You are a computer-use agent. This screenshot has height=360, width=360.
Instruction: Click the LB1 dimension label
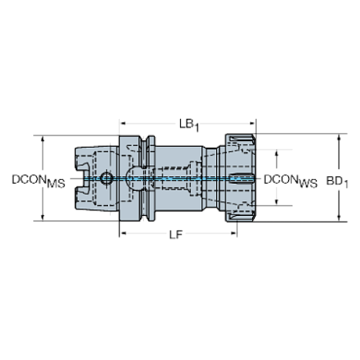point(189,125)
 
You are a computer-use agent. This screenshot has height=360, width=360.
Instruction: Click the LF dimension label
point(176,235)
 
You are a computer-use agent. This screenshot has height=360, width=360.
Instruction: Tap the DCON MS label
point(38,181)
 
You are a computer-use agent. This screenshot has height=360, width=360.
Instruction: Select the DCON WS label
point(290,181)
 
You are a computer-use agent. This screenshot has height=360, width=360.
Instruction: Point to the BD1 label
point(337,182)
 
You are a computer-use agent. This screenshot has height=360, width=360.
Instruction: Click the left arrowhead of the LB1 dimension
point(123,123)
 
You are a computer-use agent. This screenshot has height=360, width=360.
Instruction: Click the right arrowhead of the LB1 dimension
point(253,123)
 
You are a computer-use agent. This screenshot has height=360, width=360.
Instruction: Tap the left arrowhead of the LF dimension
point(123,233)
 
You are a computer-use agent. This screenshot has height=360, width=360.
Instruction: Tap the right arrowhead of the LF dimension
point(234,233)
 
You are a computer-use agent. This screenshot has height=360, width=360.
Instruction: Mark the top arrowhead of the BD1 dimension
point(339,137)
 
